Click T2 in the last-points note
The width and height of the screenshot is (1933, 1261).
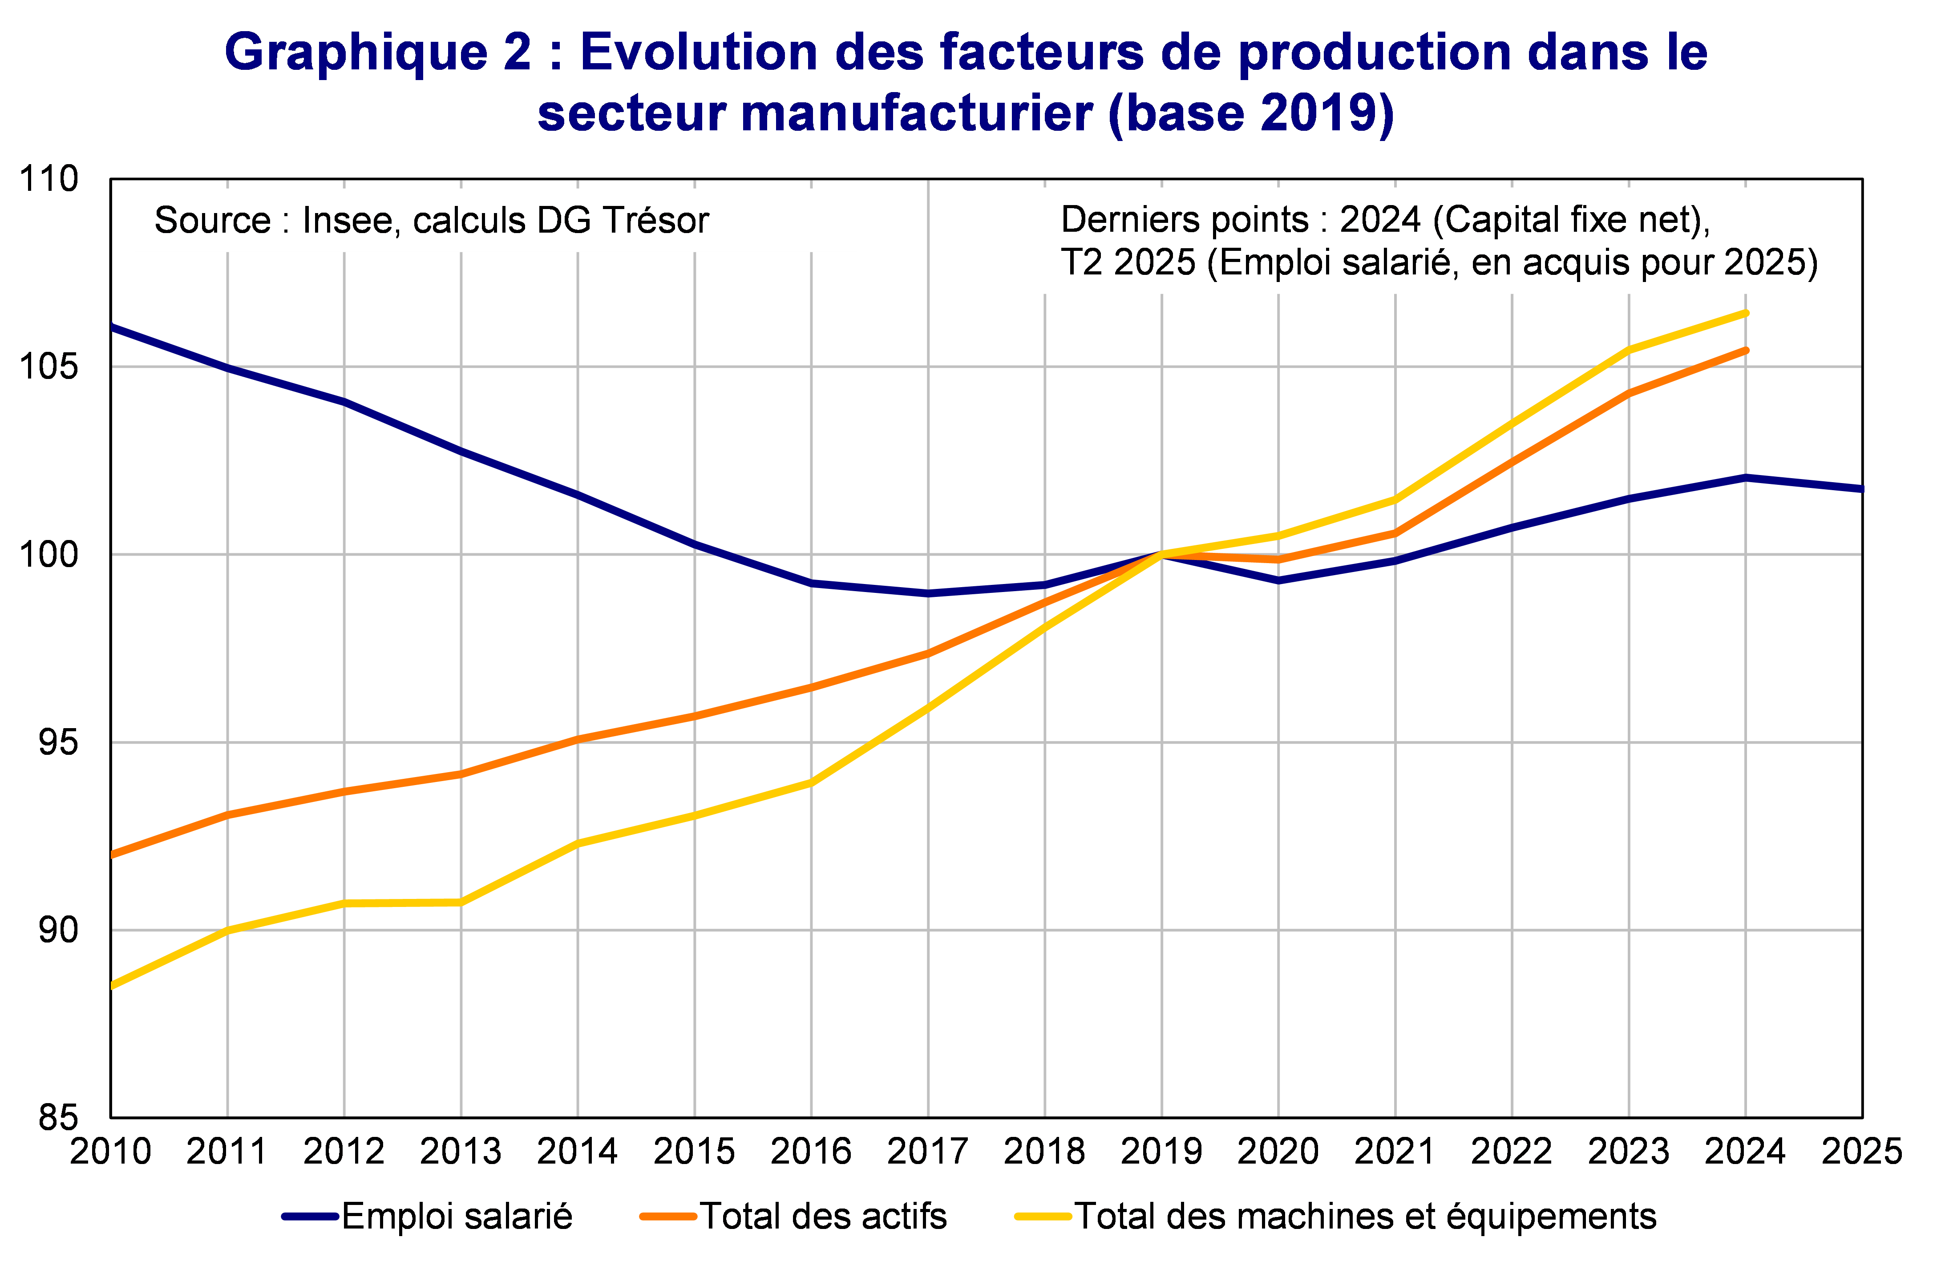pyautogui.click(x=1081, y=262)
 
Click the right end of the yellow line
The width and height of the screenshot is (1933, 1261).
pyautogui.click(x=1745, y=313)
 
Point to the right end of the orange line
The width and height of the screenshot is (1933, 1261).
pyautogui.click(x=1745, y=350)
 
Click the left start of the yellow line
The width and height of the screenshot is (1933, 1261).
pyautogui.click(x=113, y=986)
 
